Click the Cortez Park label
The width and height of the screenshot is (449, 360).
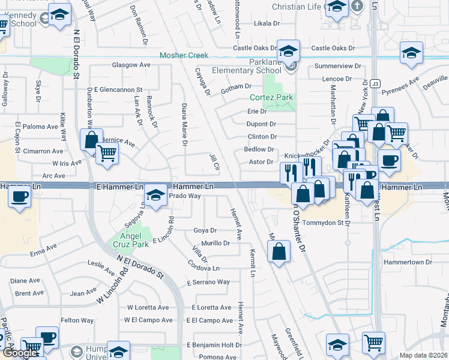pyautogui.click(x=271, y=97)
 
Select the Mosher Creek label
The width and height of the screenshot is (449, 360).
pyautogui.click(x=184, y=55)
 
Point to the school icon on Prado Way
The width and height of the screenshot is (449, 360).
pyautogui.click(x=155, y=195)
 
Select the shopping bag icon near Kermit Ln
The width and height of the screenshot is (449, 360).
pyautogui.click(x=279, y=251)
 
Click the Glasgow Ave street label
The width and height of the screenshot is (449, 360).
pyautogui.click(x=131, y=65)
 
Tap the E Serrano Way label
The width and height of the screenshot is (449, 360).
pyautogui.click(x=208, y=282)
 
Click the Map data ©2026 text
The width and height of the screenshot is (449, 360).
pyautogui.click(x=423, y=355)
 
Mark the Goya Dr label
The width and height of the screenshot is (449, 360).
pyautogui.click(x=205, y=230)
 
